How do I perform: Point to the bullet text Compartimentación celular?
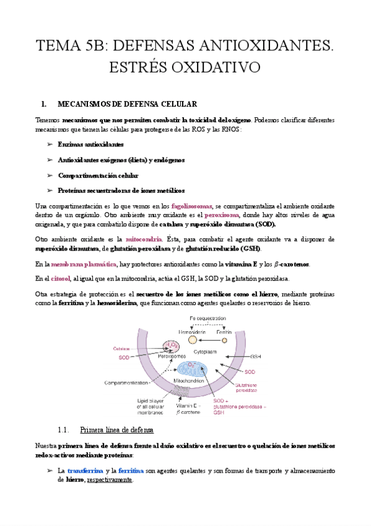pos(98,176)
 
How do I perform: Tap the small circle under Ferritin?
pos(225,340)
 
